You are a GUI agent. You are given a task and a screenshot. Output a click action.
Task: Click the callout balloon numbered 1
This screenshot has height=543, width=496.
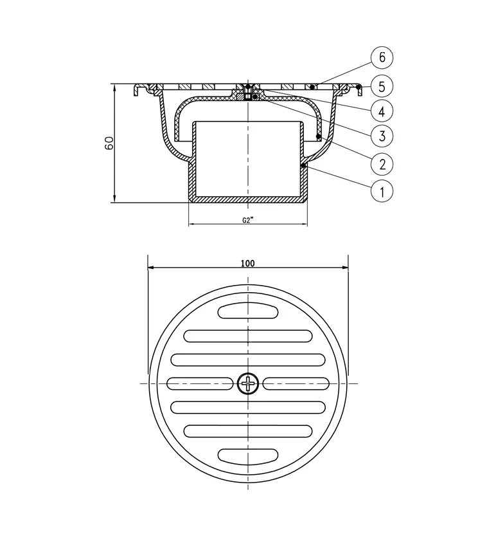382,191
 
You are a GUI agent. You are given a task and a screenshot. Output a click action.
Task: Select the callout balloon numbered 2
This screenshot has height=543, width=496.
382,164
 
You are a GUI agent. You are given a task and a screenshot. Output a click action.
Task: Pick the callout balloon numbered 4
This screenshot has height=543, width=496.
382,111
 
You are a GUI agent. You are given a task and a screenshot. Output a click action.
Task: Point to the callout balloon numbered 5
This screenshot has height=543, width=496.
382,84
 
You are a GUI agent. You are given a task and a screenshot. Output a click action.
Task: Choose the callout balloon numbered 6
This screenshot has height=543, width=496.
382,57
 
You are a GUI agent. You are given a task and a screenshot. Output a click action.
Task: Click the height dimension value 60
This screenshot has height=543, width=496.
109,143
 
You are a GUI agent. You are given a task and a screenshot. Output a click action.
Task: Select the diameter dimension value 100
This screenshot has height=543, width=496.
248,263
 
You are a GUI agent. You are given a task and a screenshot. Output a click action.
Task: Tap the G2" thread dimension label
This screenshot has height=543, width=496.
248,219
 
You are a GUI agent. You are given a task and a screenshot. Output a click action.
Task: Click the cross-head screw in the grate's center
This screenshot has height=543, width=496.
248,383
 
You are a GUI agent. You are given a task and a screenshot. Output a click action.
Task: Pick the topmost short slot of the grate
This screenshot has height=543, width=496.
248,311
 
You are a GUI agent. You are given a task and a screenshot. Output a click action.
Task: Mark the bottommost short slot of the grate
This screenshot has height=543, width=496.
248,455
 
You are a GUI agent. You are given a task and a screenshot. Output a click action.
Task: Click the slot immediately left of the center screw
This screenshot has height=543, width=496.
200,383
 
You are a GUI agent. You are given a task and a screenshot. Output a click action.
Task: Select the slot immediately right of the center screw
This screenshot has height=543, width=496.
296,383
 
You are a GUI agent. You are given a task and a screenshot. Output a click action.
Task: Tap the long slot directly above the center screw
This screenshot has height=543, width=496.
248,360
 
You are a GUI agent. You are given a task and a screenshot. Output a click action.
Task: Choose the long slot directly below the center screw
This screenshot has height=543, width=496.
248,407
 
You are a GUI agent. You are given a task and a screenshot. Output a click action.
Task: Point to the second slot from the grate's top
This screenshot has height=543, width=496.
248,335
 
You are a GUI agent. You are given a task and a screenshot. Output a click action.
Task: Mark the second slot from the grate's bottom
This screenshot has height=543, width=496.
248,430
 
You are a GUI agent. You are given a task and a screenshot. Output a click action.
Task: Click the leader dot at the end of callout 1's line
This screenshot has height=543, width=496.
303,165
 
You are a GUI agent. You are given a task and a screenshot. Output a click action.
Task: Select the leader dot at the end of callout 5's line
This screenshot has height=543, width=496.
359,86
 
